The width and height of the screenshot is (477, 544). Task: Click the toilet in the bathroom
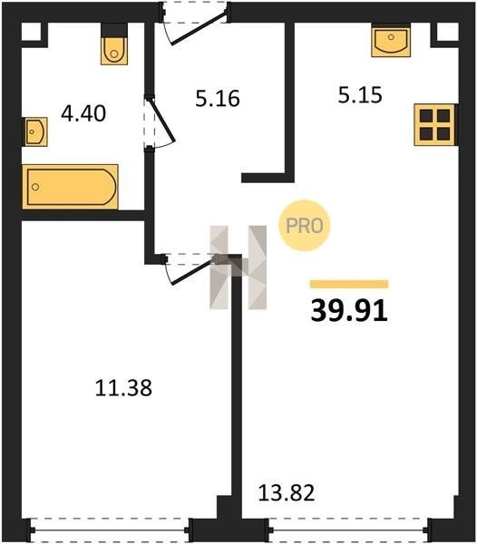(114, 44)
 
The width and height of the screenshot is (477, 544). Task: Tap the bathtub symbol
(70, 187)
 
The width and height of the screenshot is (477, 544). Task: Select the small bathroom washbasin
(35, 131)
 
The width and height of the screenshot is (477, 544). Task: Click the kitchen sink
(391, 41)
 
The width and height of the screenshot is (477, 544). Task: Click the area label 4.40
(83, 113)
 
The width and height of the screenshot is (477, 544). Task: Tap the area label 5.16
(218, 98)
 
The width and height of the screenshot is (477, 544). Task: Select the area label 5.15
(360, 94)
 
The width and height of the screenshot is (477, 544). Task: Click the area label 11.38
(123, 388)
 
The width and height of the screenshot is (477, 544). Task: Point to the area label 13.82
(287, 492)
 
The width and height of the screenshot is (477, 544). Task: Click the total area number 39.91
(349, 310)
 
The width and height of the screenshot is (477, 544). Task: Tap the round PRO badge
(305, 226)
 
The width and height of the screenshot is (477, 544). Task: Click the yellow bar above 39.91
(349, 284)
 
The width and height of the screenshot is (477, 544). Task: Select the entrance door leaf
(200, 28)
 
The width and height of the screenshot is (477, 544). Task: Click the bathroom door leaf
(161, 120)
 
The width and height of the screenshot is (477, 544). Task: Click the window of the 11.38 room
(110, 530)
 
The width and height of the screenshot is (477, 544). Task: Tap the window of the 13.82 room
(348, 530)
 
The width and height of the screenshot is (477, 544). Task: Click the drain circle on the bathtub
(35, 187)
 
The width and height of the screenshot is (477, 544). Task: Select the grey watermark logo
(238, 267)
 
